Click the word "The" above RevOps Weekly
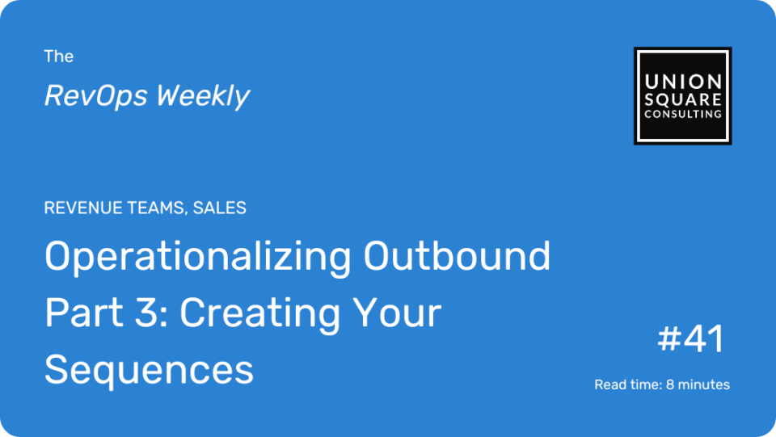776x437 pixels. point(59,57)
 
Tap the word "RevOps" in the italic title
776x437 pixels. point(96,95)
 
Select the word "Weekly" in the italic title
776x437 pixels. point(203,96)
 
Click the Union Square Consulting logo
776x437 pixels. point(682,96)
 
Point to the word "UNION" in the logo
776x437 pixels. point(683,82)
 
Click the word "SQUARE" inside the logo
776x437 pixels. point(683,99)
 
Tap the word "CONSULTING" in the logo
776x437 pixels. point(683,114)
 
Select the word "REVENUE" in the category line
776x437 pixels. point(83,208)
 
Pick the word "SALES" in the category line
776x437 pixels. point(220,208)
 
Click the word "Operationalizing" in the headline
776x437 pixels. point(198,257)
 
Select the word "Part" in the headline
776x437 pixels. point(83,313)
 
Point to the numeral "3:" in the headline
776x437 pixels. point(152,313)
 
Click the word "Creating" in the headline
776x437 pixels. point(259,314)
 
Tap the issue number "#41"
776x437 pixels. point(691,339)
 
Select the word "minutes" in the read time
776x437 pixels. point(704,384)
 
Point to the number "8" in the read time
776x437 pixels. point(670,384)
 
